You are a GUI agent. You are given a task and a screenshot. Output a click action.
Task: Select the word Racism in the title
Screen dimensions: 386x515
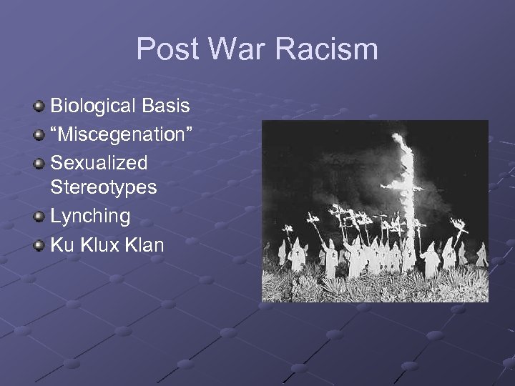pos(329,50)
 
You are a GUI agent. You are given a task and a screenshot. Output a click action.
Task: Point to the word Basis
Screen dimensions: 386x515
pos(166,107)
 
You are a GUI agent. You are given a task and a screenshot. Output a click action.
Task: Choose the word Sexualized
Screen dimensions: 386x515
pos(99,162)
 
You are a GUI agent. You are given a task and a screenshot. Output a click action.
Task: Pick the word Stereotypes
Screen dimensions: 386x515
pos(103,188)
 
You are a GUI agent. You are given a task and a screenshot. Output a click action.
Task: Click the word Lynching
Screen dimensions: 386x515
pos(90,216)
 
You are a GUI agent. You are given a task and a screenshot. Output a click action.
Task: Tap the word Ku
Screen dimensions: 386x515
pos(62,244)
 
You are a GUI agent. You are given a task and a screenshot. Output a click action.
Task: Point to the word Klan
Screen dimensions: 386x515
pos(144,244)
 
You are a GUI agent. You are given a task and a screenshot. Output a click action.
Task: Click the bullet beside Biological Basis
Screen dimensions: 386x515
pos(39,107)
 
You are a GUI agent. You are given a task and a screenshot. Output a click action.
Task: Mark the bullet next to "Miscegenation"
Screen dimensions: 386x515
pos(39,135)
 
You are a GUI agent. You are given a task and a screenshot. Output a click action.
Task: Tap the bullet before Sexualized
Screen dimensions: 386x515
pos(39,163)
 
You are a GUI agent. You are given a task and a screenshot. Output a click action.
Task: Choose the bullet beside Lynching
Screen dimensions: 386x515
pos(39,217)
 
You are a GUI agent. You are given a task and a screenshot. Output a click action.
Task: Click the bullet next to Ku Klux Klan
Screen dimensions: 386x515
pos(39,245)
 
